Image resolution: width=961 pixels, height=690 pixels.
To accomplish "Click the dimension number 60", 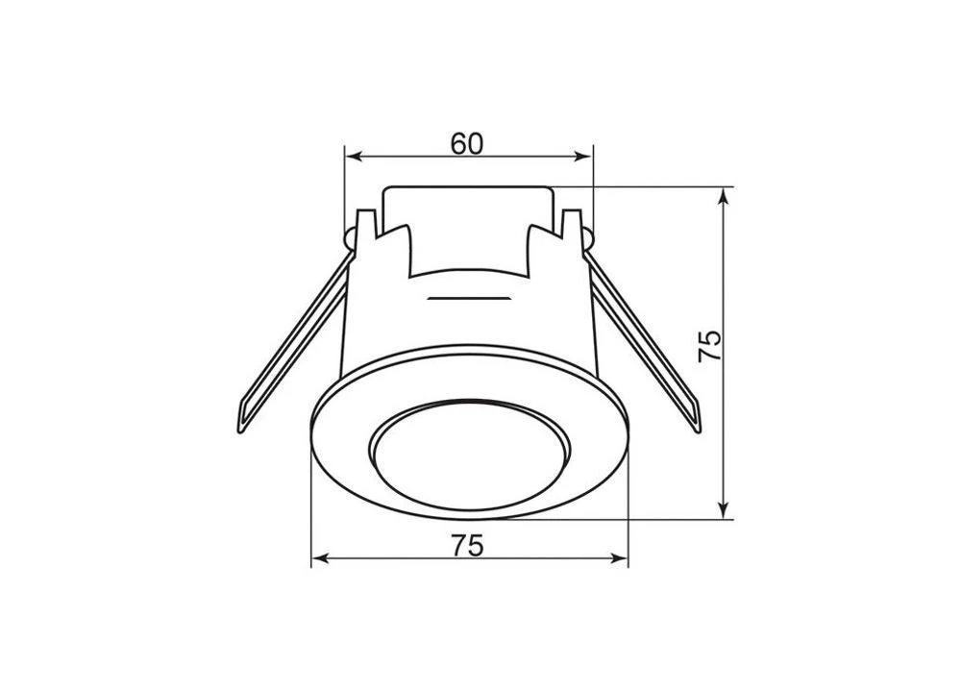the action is (x=467, y=143).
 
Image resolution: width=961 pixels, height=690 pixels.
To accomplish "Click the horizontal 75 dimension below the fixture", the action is (x=468, y=545).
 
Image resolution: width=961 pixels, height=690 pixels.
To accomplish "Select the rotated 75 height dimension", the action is (x=710, y=346).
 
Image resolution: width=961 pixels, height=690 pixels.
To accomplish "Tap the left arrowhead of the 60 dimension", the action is (x=353, y=158).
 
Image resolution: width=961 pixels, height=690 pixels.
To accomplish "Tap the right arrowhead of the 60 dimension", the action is (x=583, y=158).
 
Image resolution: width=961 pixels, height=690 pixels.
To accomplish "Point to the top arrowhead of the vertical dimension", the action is (x=725, y=196).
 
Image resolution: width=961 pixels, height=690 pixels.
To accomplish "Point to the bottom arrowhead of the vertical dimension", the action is (x=725, y=510).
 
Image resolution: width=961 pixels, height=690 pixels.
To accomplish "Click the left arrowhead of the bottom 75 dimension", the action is (x=321, y=558).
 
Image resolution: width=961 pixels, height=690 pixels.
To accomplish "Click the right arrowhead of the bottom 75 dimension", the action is (x=620, y=558).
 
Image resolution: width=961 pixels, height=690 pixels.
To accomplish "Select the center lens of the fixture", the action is (x=470, y=455).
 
